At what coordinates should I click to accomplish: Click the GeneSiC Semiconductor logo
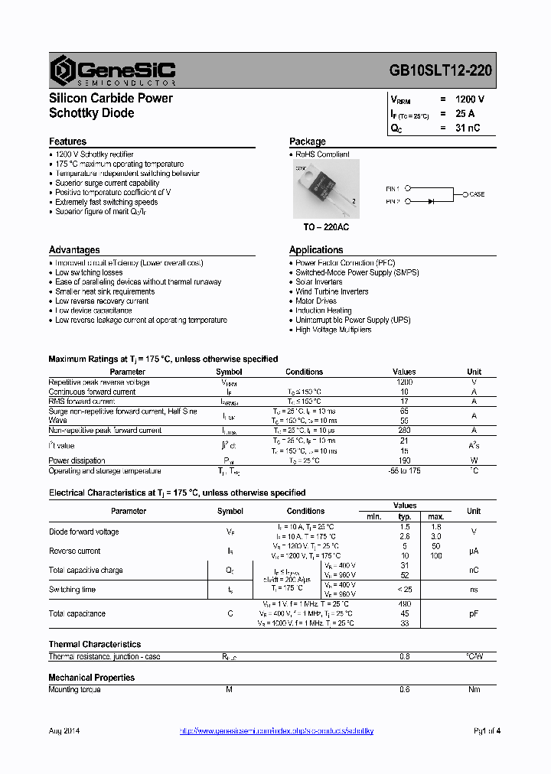tap(113, 70)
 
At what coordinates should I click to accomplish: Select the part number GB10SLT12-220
tap(440, 70)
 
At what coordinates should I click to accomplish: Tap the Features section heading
tap(67, 141)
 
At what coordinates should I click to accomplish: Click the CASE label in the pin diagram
tap(476, 194)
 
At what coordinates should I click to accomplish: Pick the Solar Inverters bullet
tap(319, 282)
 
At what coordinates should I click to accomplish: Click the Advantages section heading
tap(74, 250)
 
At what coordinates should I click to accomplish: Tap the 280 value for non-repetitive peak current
tap(405, 431)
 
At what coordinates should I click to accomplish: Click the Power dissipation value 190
tap(405, 460)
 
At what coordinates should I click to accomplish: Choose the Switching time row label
tap(72, 590)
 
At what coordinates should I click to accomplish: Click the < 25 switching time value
tap(405, 590)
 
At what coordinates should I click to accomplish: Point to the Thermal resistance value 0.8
tap(405, 656)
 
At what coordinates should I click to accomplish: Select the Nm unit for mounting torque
tap(474, 690)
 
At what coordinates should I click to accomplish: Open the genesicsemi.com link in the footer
tap(276, 731)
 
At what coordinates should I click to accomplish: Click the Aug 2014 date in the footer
tap(64, 731)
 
